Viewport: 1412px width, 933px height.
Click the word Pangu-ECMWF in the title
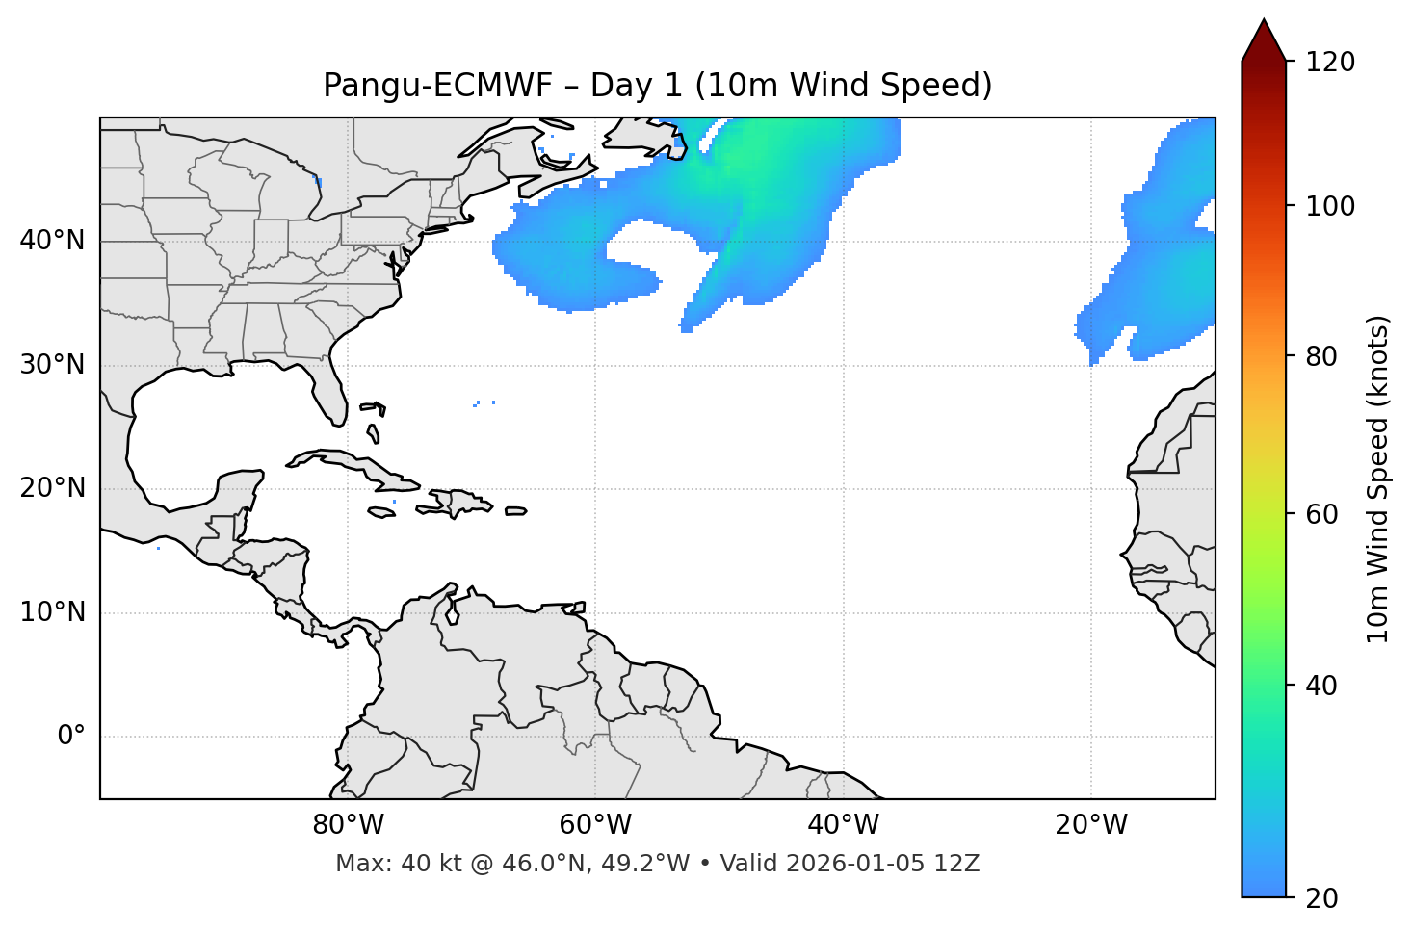coord(437,86)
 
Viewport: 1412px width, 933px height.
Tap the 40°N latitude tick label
coord(52,241)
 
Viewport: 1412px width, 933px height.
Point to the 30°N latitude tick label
coord(52,365)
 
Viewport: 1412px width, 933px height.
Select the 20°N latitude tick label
coord(52,489)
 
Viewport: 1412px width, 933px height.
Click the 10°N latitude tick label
coord(52,612)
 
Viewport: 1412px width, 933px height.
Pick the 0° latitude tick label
coord(71,737)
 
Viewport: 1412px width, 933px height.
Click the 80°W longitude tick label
coord(348,825)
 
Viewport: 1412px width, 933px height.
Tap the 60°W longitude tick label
coord(595,825)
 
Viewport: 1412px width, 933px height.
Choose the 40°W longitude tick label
coord(843,825)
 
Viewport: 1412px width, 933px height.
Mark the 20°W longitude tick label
coord(1090,825)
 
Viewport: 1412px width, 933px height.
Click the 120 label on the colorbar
coord(1330,63)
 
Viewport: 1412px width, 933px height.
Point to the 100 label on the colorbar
coord(1330,206)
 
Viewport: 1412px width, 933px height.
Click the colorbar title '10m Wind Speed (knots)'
coord(1378,479)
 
